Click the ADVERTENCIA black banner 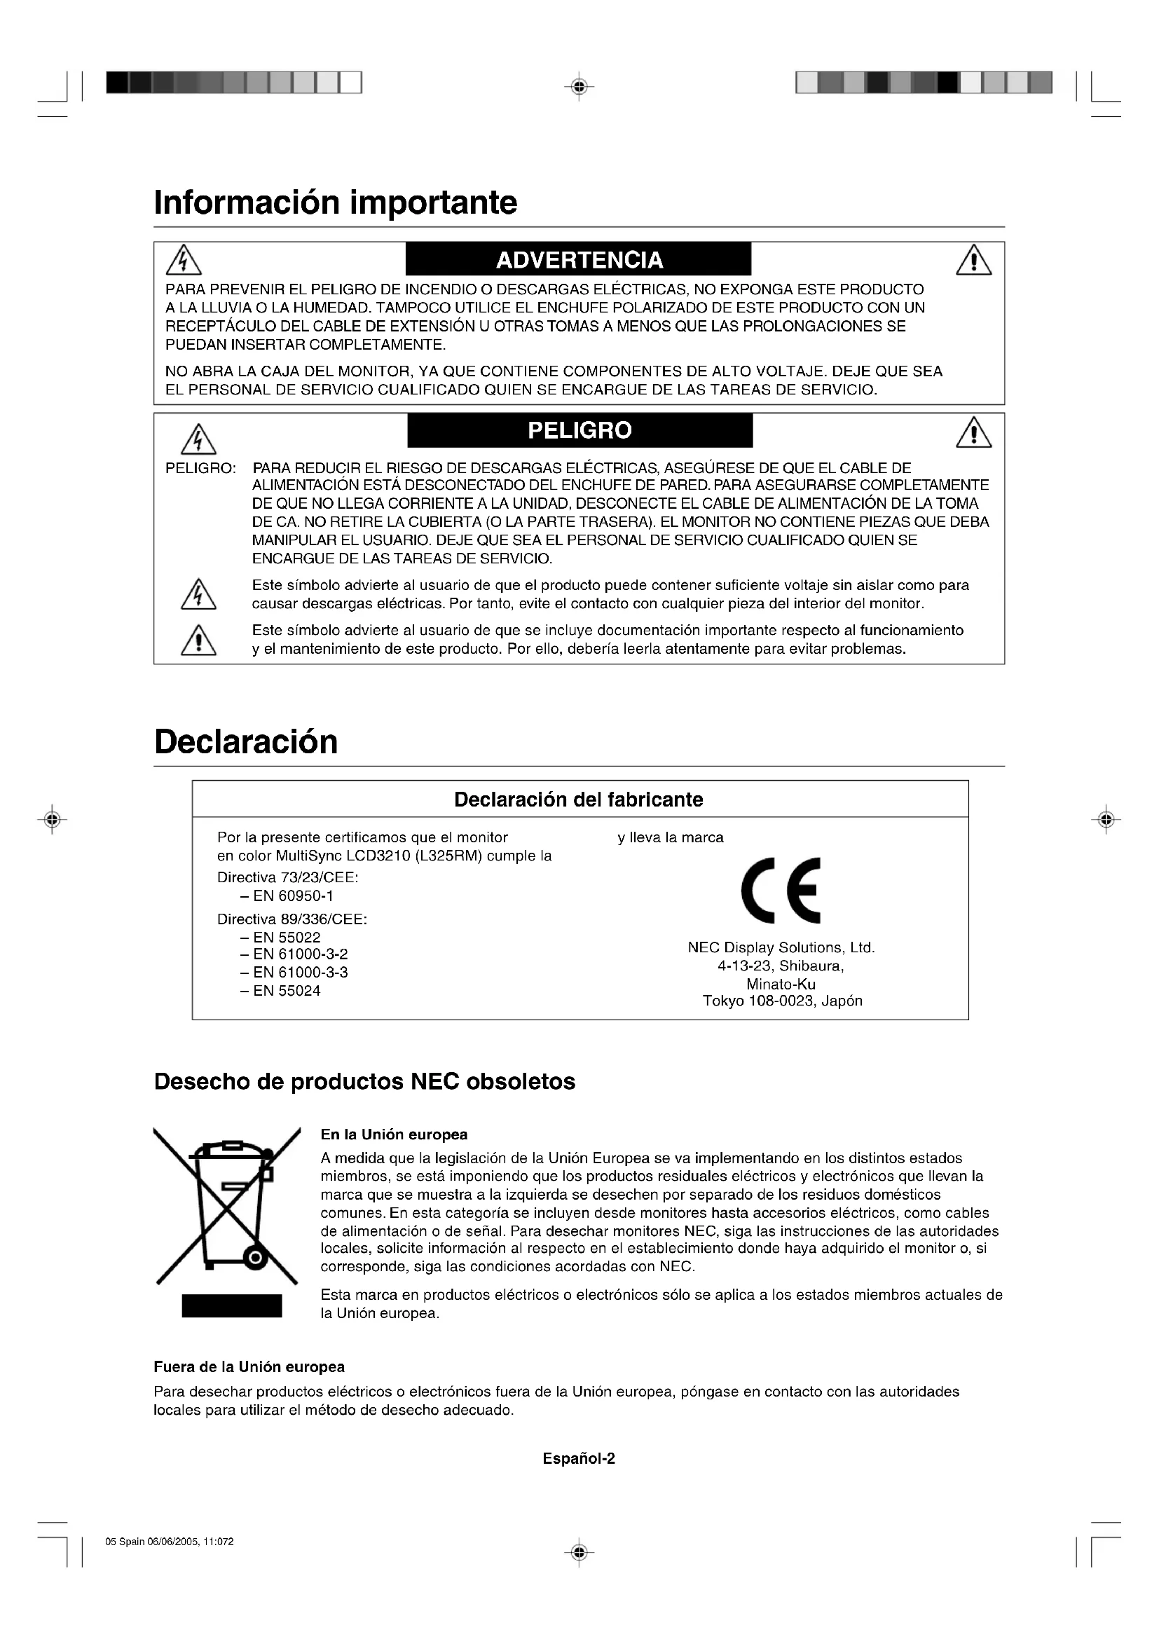tap(578, 259)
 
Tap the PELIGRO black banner tap(579, 430)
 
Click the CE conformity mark tap(781, 889)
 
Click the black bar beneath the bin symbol tap(231, 1305)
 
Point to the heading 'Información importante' tap(336, 202)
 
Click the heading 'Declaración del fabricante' tap(578, 799)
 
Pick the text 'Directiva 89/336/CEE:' tap(292, 919)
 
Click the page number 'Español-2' tap(579, 1458)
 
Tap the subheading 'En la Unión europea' tap(394, 1134)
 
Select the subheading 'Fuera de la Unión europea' tap(249, 1366)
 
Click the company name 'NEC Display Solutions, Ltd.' tap(781, 947)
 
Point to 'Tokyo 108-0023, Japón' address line tap(782, 1001)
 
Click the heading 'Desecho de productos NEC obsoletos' tap(364, 1081)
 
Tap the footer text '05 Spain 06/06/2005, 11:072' tap(169, 1541)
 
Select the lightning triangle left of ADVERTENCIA tap(184, 261)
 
